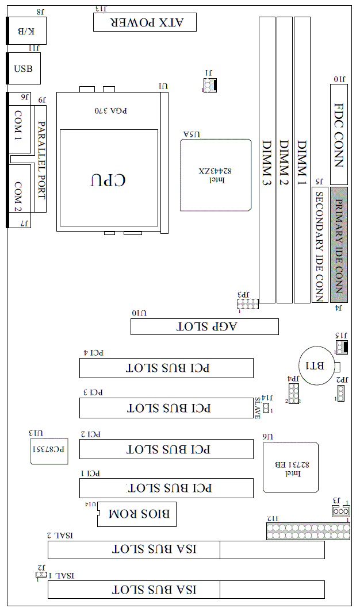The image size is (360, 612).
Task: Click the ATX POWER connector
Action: click(144, 22)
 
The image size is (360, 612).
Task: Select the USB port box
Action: click(24, 69)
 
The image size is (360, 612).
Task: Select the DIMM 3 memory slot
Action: click(266, 159)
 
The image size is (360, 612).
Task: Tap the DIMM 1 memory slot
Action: click(302, 159)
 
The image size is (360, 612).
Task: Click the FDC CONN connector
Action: click(339, 134)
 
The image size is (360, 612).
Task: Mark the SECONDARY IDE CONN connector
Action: click(319, 244)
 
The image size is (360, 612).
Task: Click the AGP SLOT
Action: click(204, 326)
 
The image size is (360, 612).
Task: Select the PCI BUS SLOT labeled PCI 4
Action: click(166, 368)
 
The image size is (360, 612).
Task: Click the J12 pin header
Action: click(307, 531)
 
